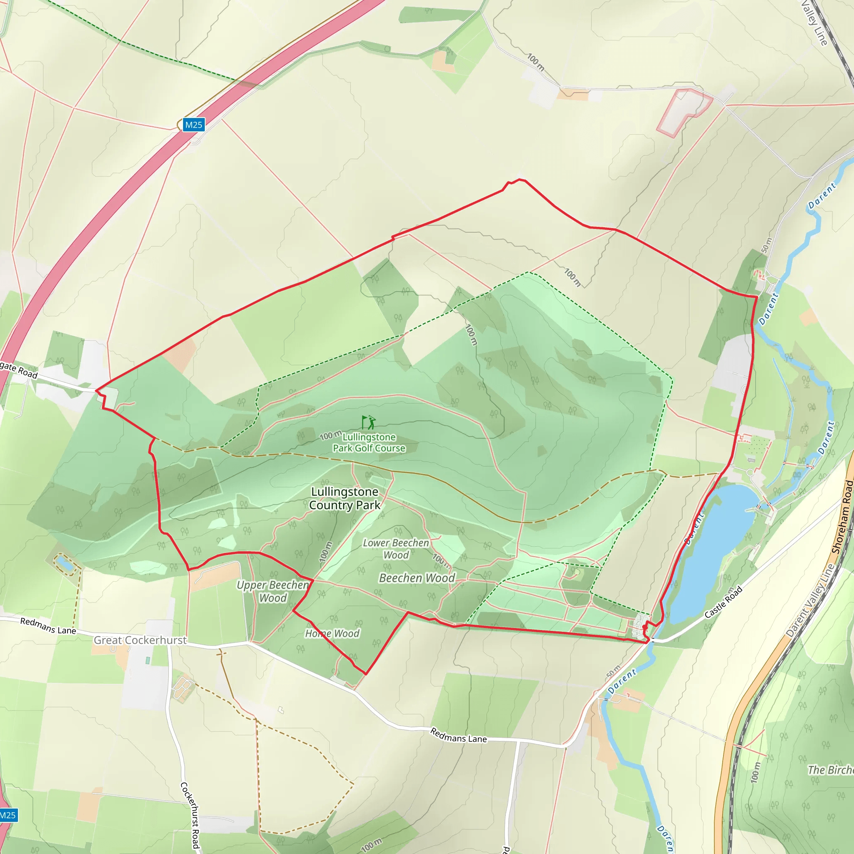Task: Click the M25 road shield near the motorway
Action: click(x=193, y=125)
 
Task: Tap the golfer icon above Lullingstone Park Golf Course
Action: click(x=369, y=422)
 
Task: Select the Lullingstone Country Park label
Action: click(x=345, y=498)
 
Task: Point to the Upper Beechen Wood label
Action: click(x=273, y=591)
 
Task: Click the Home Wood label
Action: click(x=332, y=633)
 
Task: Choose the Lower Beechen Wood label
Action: click(x=396, y=549)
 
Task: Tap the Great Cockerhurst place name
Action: click(x=140, y=640)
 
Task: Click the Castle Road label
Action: click(x=723, y=603)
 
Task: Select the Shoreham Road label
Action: click(x=842, y=517)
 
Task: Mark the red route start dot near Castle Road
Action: click(x=645, y=627)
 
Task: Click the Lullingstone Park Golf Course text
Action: click(x=369, y=442)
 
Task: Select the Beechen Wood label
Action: click(x=417, y=578)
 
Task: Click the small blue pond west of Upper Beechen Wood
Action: click(x=65, y=564)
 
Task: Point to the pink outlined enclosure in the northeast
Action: click(x=683, y=111)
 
